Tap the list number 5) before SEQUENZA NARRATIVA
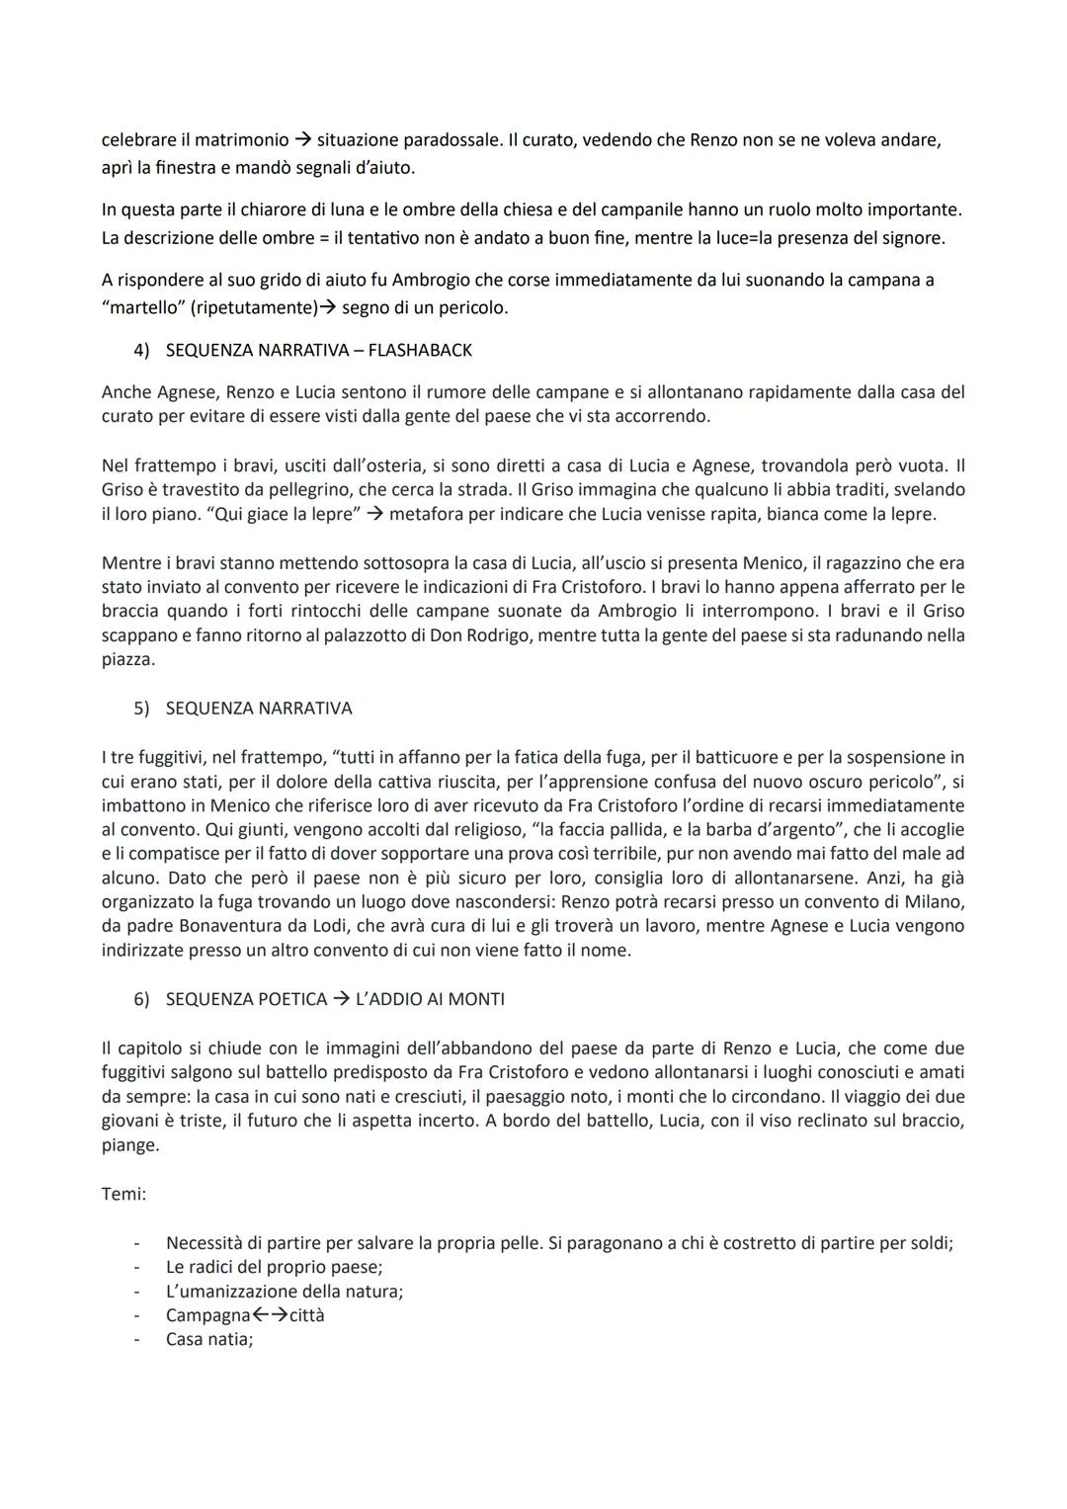click(141, 709)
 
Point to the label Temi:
click(123, 1194)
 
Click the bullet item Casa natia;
click(209, 1339)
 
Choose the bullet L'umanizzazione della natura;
click(285, 1291)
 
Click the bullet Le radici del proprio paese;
click(274, 1267)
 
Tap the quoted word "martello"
click(139, 307)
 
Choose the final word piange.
click(129, 1145)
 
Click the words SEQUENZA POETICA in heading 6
click(246, 999)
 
